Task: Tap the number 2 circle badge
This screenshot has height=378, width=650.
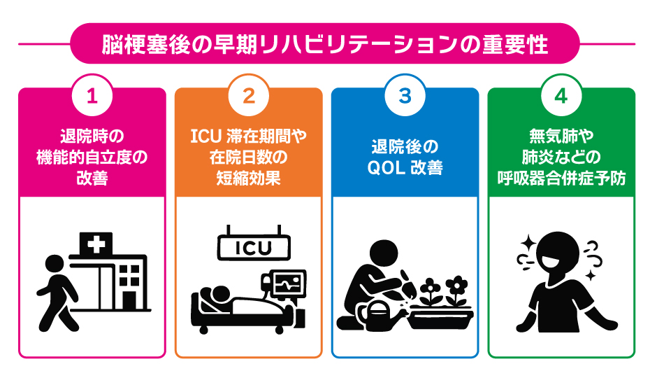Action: (248, 97)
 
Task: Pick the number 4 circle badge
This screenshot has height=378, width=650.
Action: (561, 97)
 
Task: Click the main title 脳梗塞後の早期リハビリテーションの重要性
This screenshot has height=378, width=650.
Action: (325, 43)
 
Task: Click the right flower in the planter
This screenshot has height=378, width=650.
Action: (456, 286)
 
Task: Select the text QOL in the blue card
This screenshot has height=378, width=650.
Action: (383, 169)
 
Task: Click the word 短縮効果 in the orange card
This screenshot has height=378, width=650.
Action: (248, 178)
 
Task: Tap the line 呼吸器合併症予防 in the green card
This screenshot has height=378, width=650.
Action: (561, 178)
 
